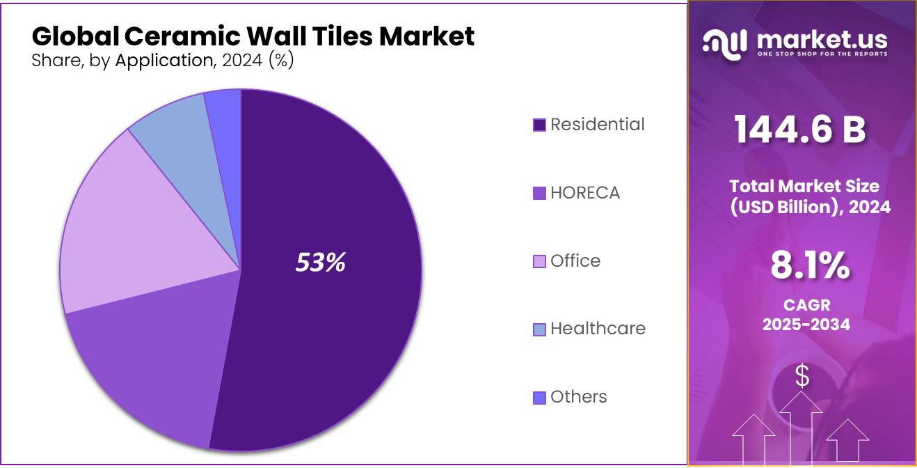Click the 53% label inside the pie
coord(320,263)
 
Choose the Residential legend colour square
coord(539,125)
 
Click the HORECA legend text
coord(584,193)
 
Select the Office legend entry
coord(575,261)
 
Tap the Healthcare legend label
coord(598,329)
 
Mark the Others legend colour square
coord(539,398)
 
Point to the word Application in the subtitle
coord(164,61)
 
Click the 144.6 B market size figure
coord(800,130)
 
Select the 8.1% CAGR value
coord(810,265)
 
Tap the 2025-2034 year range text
coord(806,325)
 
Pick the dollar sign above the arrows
coord(802,376)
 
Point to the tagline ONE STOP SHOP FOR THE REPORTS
coord(822,54)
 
